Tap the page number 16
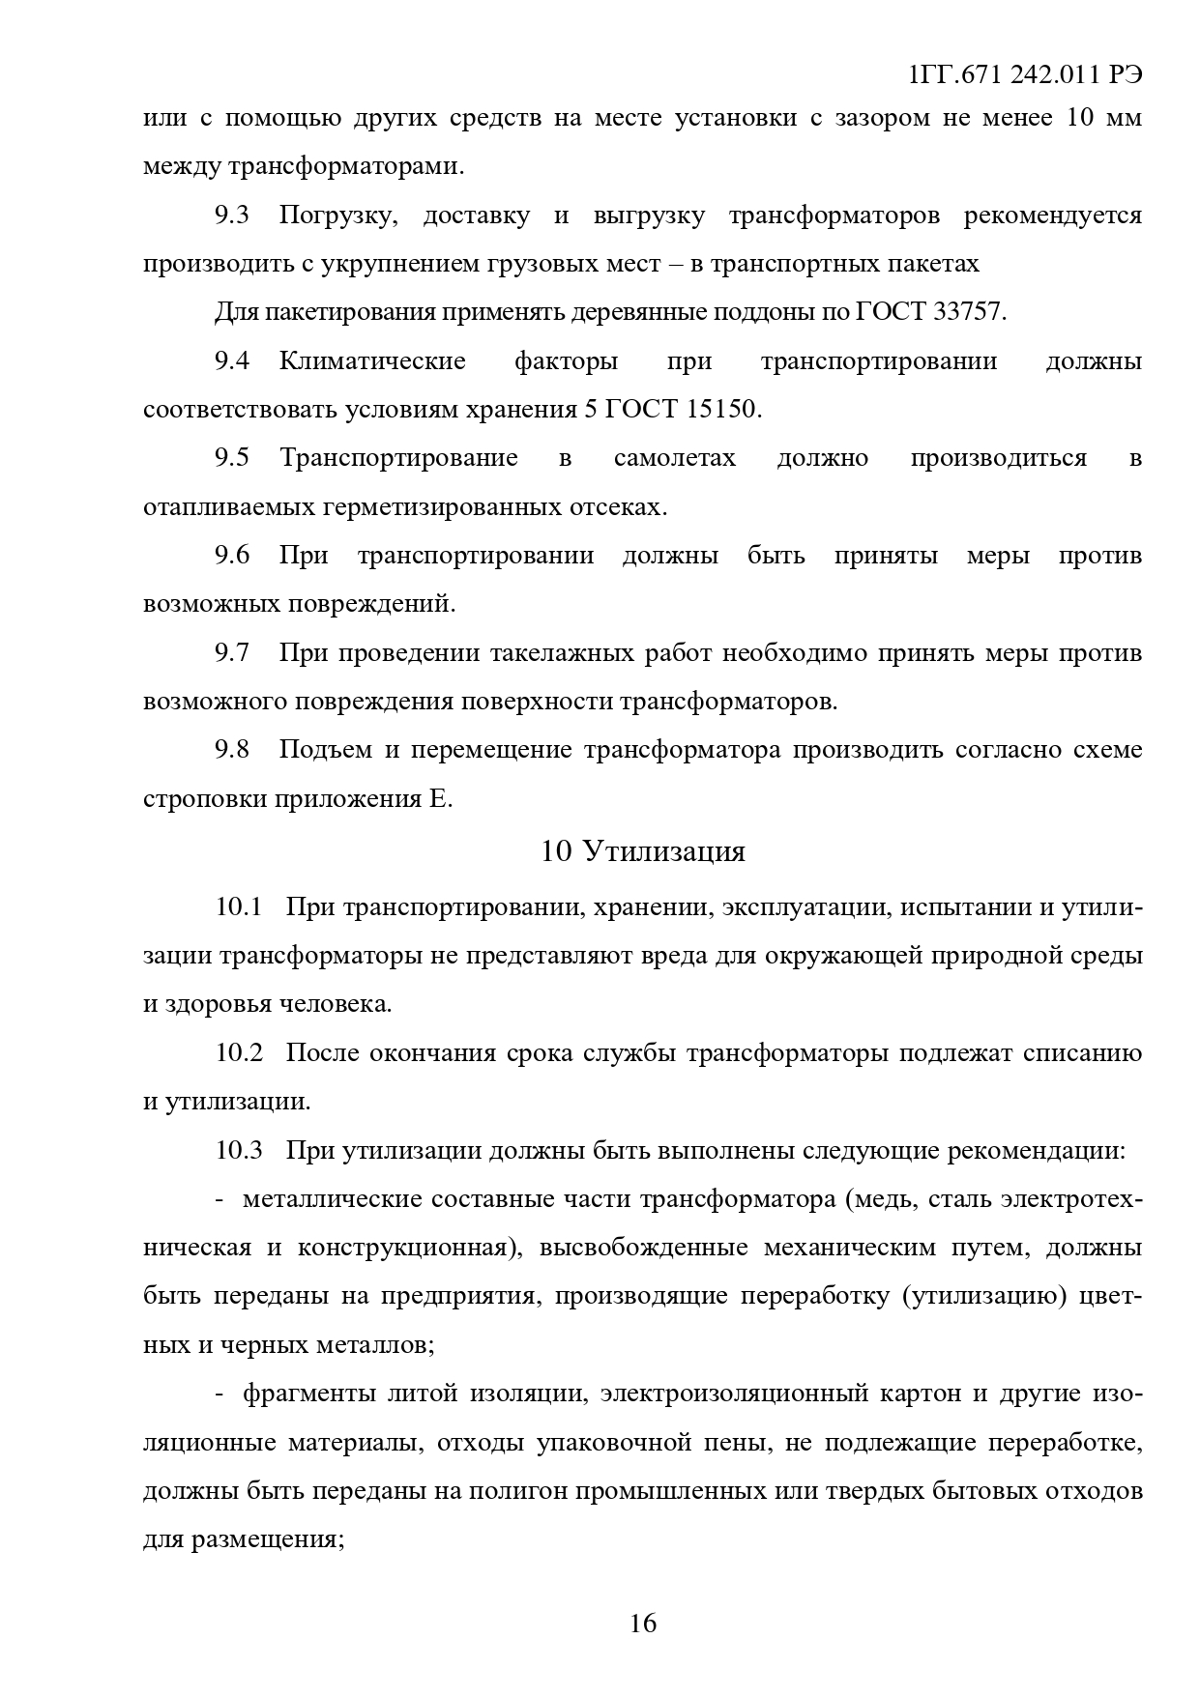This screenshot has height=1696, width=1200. pos(643,1623)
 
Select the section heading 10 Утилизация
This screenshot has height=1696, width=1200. pos(643,851)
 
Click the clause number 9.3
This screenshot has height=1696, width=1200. pos(232,216)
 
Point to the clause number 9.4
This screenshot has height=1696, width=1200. pos(232,361)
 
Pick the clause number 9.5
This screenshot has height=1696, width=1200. pos(232,458)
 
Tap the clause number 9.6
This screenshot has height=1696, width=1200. pos(232,556)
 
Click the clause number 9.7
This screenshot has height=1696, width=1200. pos(232,653)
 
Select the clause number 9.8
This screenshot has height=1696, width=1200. pos(232,750)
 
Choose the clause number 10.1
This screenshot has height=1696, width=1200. pos(239,907)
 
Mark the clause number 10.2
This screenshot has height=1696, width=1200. pos(239,1053)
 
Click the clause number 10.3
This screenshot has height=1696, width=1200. pos(239,1151)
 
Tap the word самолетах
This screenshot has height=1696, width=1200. pos(674,458)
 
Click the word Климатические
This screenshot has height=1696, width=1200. pos(372,361)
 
